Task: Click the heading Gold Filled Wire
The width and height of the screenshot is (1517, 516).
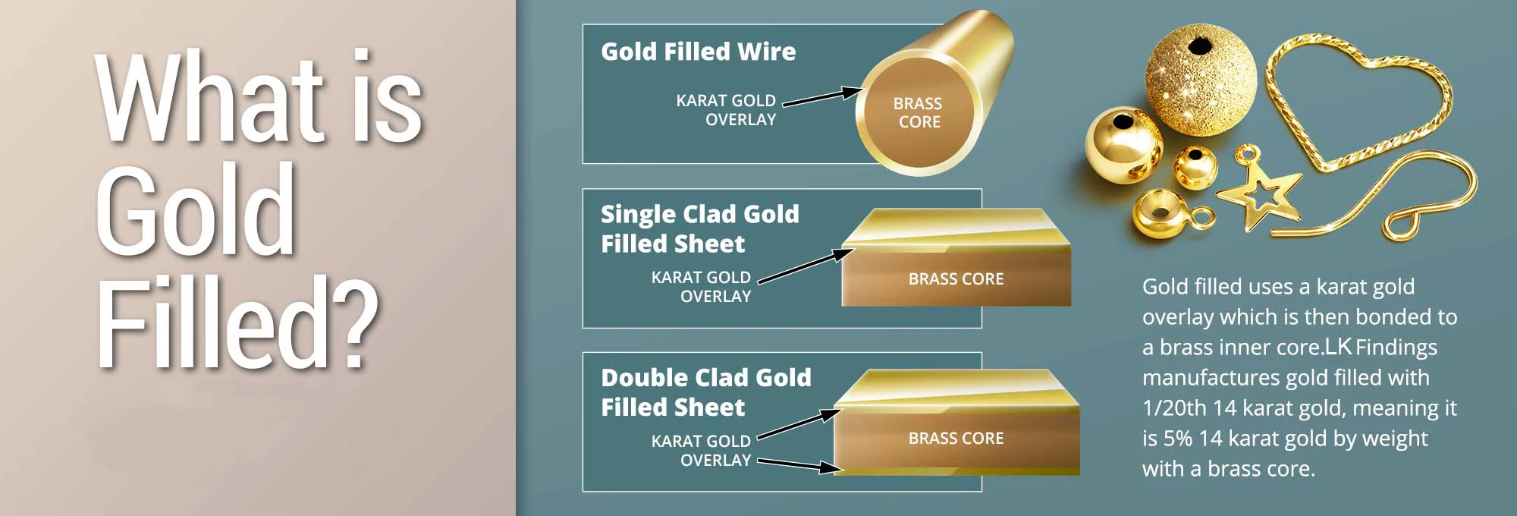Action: pyautogui.click(x=698, y=52)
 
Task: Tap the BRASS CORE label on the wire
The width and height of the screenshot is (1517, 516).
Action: pyautogui.click(x=918, y=112)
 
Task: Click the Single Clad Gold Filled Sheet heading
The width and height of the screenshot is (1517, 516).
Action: pyautogui.click(x=699, y=228)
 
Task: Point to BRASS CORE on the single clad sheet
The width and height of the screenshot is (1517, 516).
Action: pyautogui.click(x=956, y=278)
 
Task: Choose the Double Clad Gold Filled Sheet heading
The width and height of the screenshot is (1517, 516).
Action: pyautogui.click(x=705, y=392)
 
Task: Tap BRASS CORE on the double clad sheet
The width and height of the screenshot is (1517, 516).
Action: pyautogui.click(x=956, y=438)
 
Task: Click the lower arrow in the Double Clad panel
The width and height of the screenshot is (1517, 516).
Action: pyautogui.click(x=800, y=464)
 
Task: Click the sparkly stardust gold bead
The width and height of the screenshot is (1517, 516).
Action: pyautogui.click(x=1200, y=80)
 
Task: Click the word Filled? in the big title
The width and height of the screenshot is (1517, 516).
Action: pyautogui.click(x=237, y=322)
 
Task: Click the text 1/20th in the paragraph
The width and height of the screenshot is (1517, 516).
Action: pyautogui.click(x=1173, y=407)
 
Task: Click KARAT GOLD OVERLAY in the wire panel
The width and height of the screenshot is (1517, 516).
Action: pyautogui.click(x=726, y=110)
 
